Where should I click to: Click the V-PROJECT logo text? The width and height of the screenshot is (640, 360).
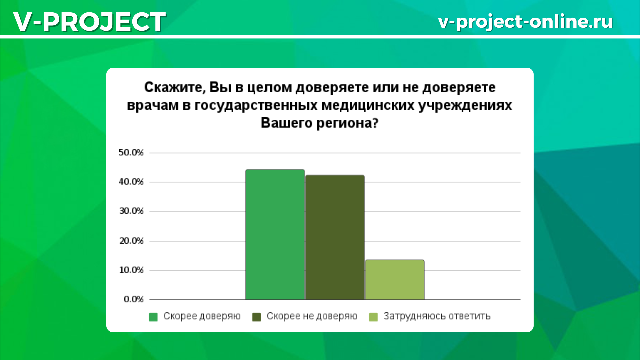(89, 22)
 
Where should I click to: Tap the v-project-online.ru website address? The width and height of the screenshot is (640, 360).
(525, 22)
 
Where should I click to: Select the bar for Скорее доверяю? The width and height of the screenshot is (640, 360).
(275, 234)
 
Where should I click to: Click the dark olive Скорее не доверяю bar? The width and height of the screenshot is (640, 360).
(335, 237)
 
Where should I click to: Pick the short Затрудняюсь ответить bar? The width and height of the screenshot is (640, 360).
(395, 280)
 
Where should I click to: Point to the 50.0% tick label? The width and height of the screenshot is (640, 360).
(131, 153)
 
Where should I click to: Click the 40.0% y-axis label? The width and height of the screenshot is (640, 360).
(131, 182)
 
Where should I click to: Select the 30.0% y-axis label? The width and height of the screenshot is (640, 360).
(131, 211)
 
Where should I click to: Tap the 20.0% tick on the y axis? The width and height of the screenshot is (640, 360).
(131, 241)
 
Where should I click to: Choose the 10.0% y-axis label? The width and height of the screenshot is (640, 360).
(131, 270)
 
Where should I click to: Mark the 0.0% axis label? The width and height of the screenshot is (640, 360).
(133, 299)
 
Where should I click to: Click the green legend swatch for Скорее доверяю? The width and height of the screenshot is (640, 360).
(153, 317)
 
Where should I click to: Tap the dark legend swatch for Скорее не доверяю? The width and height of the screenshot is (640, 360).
(256, 317)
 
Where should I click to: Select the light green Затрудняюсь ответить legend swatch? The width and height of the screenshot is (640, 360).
(373, 317)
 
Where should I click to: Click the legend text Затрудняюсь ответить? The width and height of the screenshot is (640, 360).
(437, 316)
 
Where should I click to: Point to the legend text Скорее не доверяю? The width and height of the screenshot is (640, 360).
(312, 316)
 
